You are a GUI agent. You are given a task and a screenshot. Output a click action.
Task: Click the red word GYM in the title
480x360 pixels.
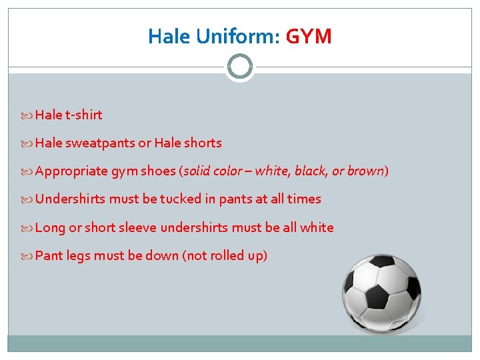click(x=308, y=36)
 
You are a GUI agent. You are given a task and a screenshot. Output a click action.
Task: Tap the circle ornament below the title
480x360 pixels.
click(x=239, y=67)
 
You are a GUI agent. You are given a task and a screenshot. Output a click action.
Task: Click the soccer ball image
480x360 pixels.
click(x=381, y=293)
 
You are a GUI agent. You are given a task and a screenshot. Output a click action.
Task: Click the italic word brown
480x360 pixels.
click(x=365, y=171)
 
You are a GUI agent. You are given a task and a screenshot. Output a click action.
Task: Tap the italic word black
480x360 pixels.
click(x=311, y=171)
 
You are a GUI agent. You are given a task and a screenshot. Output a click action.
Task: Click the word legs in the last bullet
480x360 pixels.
click(x=78, y=256)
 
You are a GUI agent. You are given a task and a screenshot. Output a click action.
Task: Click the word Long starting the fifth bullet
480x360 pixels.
click(x=50, y=228)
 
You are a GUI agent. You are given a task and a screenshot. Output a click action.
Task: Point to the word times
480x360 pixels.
click(x=304, y=199)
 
